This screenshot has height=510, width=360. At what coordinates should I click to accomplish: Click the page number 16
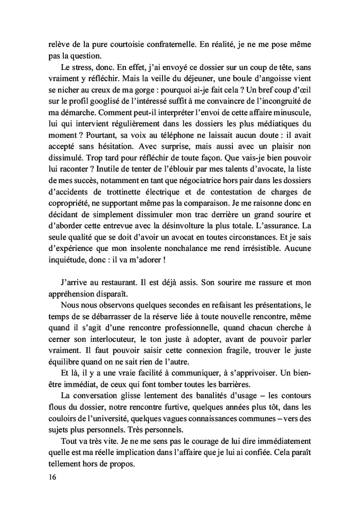coord(50,477)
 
